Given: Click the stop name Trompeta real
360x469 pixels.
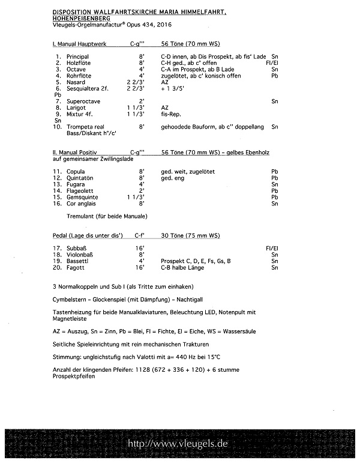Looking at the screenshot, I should coord(86,127).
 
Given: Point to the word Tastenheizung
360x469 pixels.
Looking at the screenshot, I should coord(71,312).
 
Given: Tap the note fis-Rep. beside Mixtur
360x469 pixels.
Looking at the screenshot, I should coord(171,113).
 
